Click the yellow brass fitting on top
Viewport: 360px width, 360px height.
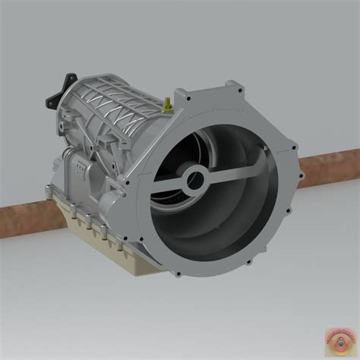167,103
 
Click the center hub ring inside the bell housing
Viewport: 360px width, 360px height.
194,181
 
